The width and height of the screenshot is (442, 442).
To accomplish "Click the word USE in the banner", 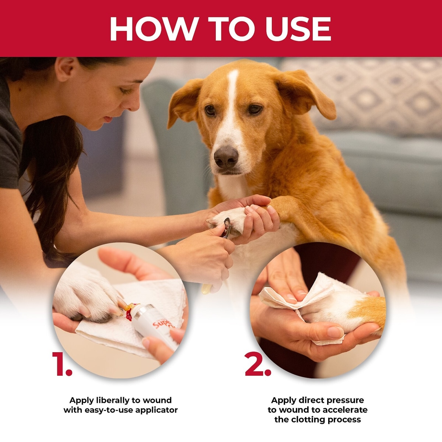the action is tap(298, 29).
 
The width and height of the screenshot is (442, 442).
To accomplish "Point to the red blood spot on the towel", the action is tap(129, 316).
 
